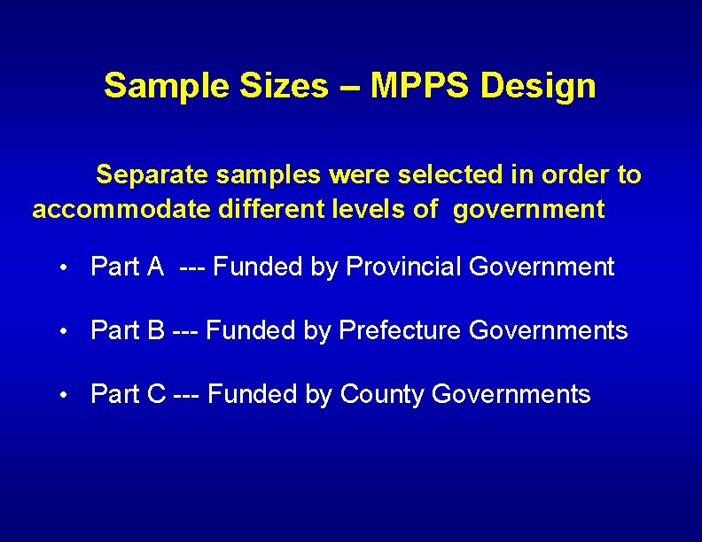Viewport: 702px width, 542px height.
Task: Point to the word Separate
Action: (x=151, y=175)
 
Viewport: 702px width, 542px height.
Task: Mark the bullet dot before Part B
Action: (x=65, y=332)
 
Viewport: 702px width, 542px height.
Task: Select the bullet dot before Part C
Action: (x=65, y=396)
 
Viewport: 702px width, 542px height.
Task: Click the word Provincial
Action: (x=403, y=267)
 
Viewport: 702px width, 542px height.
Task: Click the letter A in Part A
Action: (x=156, y=267)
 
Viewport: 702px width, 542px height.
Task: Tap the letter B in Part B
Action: (x=156, y=331)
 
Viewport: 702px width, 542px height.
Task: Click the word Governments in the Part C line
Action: (x=511, y=395)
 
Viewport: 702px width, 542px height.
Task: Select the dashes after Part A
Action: (x=192, y=267)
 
